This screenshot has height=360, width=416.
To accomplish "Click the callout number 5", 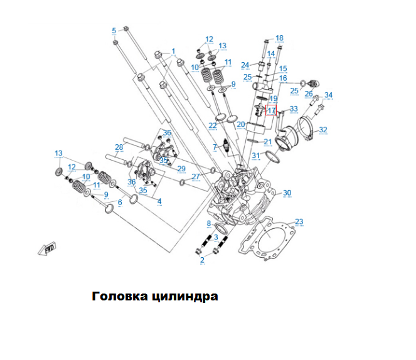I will pos(114,31).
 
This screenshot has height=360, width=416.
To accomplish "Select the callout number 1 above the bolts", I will pos(174,51).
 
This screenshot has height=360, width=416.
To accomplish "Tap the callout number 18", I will pos(279,38).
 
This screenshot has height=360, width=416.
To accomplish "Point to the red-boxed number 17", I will pos(272,111).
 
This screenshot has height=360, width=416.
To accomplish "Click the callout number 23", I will pos(299,221).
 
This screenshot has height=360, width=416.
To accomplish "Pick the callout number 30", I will pos(287,193).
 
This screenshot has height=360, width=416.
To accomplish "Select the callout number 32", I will pos(323,130).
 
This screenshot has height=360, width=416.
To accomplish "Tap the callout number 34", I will pos(328,95).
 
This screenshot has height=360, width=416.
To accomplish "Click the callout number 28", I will pos(119,147).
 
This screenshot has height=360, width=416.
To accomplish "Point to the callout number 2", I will pos(202,260).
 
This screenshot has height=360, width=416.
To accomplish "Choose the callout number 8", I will pos(209,223).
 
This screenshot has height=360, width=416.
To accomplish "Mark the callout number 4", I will pos(159,201).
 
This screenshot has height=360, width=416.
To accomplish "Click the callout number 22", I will pos(213,126).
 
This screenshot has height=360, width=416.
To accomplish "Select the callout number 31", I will pos(255,156).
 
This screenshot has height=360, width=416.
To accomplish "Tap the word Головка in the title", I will pos(121,296).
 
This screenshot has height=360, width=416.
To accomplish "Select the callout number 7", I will pos(214,147).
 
